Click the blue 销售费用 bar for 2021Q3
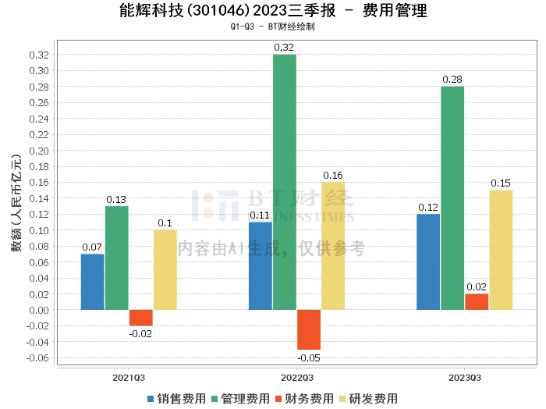coord(93,282)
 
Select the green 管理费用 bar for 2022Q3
coord(285,182)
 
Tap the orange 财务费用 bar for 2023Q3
coord(477,301)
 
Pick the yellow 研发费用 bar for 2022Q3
coord(333,246)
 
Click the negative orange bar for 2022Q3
coord(309,329)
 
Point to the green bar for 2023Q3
coord(452,198)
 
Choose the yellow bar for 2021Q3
coord(165,270)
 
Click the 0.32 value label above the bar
coord(285,48)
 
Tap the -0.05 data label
coord(309,357)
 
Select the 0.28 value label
coord(452,80)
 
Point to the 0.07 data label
coord(93,247)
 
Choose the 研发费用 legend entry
coord(366,399)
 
